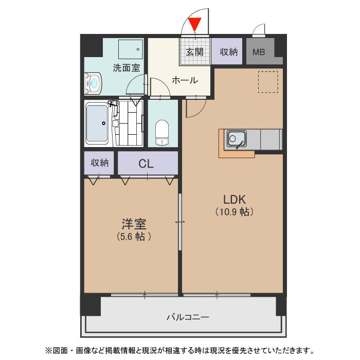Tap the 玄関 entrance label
click(x=195, y=51)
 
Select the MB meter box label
click(x=259, y=52)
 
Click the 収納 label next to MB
click(x=229, y=51)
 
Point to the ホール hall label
click(x=184, y=80)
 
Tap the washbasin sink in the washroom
click(x=94, y=83)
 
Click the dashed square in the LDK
click(x=267, y=81)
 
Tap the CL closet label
click(x=146, y=164)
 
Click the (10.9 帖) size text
click(x=235, y=211)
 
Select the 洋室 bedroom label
click(x=134, y=225)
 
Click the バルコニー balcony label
click(x=188, y=317)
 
